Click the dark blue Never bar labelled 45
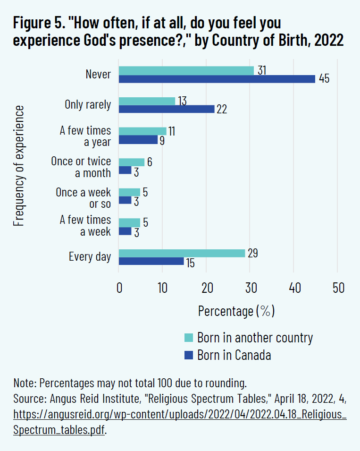click(x=217, y=79)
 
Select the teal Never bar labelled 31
click(x=186, y=70)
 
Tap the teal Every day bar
click(x=182, y=253)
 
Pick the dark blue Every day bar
click(x=151, y=261)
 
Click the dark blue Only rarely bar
click(x=167, y=109)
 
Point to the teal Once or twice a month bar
click(x=132, y=162)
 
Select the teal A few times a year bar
click(x=142, y=131)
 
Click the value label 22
click(x=222, y=110)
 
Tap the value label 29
click(x=252, y=253)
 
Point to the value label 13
click(x=182, y=101)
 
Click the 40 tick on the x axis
click(x=294, y=288)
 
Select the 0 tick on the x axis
click(x=119, y=288)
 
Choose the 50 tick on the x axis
click(x=338, y=288)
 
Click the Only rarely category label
click(x=88, y=105)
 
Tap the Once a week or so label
click(x=84, y=198)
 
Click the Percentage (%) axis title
click(x=236, y=312)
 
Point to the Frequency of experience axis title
click(x=19, y=166)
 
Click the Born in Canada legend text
click(x=234, y=355)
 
